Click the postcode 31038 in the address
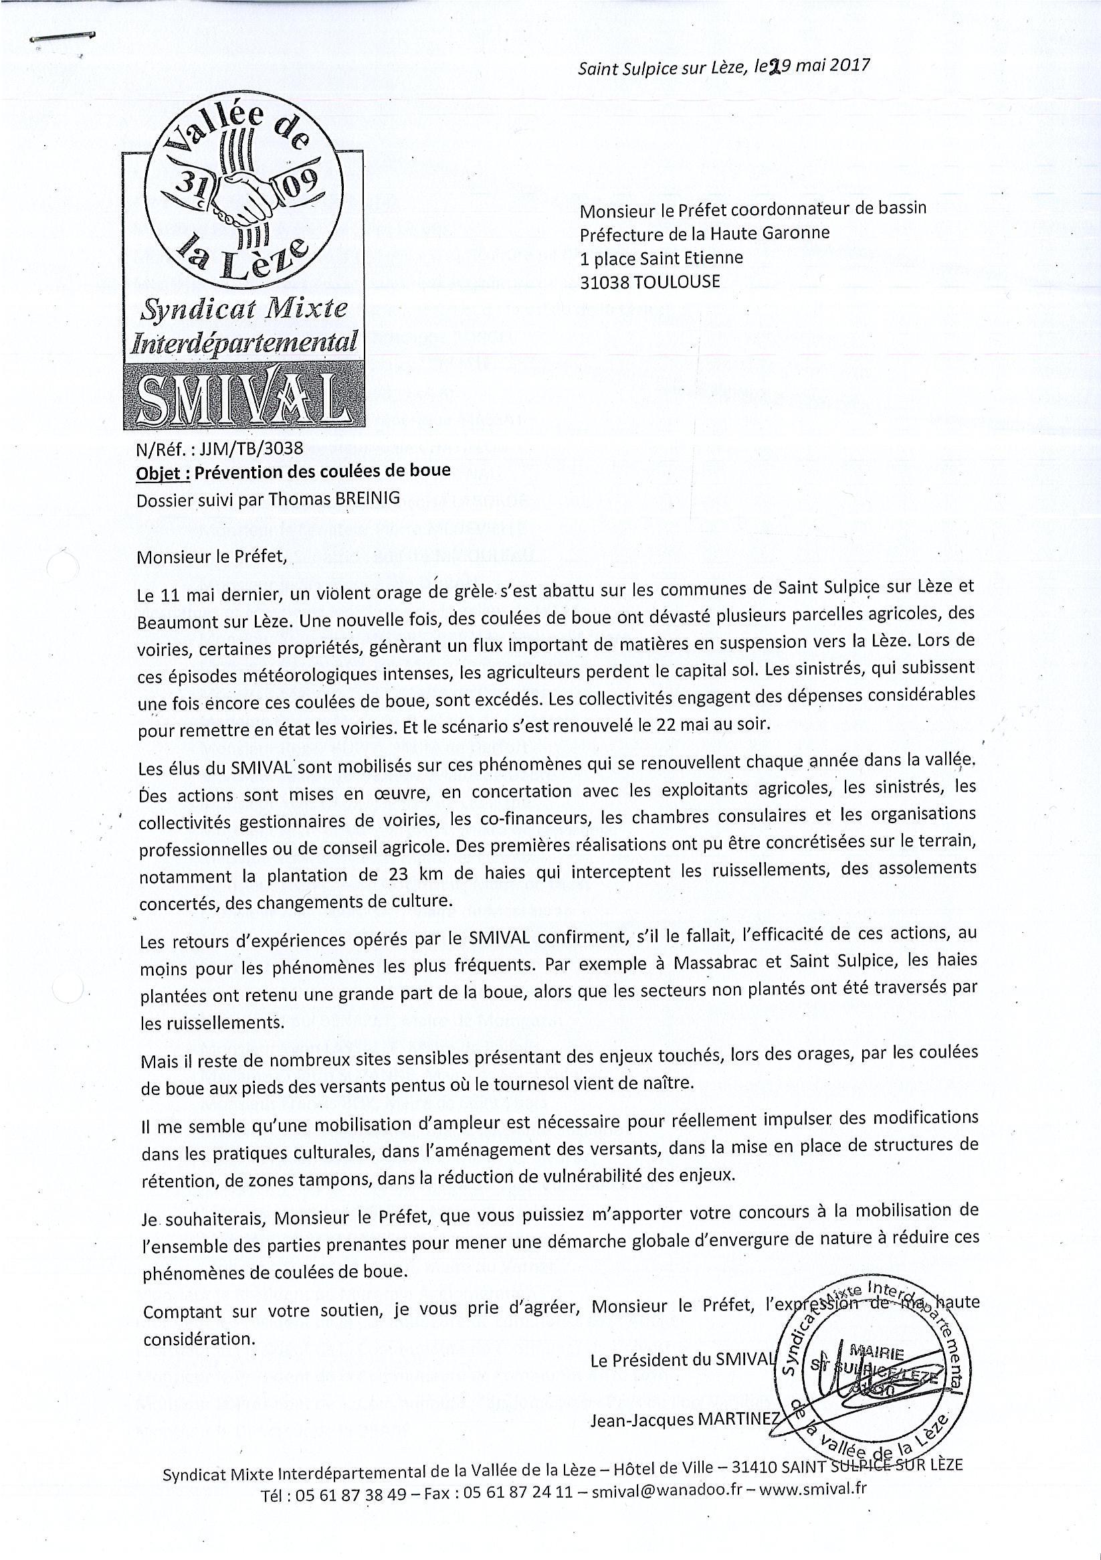(604, 280)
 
